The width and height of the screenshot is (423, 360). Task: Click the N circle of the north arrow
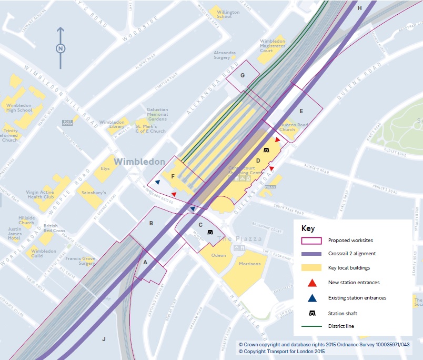(61, 48)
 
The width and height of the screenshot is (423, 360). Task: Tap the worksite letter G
(243, 75)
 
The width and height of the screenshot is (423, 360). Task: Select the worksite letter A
(146, 260)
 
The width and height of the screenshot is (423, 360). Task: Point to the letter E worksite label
(301, 111)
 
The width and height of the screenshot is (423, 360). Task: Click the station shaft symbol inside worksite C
(210, 232)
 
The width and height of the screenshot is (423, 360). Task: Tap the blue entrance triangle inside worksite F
(157, 183)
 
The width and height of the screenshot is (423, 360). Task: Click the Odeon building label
(218, 255)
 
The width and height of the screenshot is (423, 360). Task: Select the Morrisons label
(249, 264)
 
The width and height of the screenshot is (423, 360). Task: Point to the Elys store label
(105, 169)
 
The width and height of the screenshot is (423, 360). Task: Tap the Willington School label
(228, 14)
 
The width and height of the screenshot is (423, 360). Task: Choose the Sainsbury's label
(94, 193)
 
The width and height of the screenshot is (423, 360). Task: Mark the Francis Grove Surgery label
(80, 261)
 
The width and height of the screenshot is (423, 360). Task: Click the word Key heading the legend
(308, 228)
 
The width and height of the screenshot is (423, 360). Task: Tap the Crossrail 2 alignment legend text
(352, 254)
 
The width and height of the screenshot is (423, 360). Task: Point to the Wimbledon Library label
(112, 124)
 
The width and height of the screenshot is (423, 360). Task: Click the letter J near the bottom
(104, 338)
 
